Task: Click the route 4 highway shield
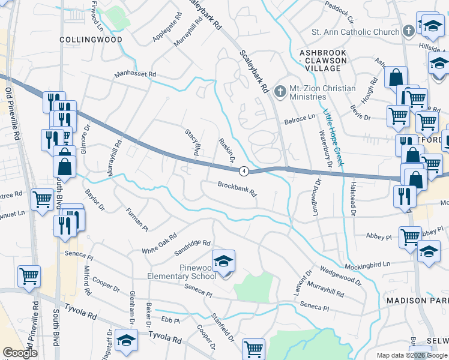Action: pyautogui.click(x=243, y=172)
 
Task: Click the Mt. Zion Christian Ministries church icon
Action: pyautogui.click(x=280, y=91)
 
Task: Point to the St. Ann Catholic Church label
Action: pyautogui.click(x=355, y=31)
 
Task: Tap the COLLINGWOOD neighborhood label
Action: pyautogui.click(x=91, y=40)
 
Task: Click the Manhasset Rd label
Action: pyautogui.click(x=136, y=75)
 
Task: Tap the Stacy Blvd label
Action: pyautogui.click(x=191, y=143)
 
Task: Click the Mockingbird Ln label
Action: pyautogui.click(x=367, y=265)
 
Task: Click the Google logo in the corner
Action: pyautogui.click(x=20, y=353)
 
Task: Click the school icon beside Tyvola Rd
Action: pyautogui.click(x=127, y=341)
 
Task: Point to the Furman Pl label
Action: pyautogui.click(x=136, y=220)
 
